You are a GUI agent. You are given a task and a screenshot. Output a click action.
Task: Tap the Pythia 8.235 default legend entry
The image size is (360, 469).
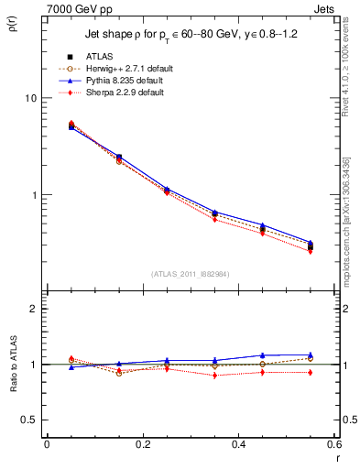click(x=125, y=81)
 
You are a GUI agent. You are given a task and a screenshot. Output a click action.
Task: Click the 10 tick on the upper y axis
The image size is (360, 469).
click(x=31, y=98)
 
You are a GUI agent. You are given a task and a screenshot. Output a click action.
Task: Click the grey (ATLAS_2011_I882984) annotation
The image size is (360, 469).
click(x=190, y=274)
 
